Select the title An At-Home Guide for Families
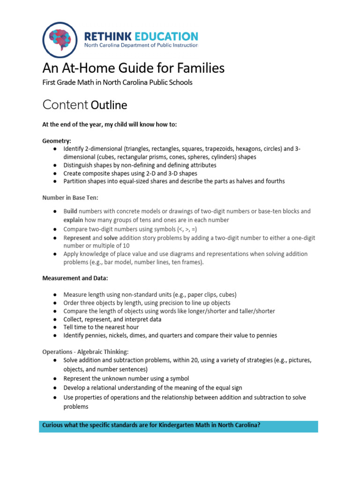point(134,68)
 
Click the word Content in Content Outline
point(65,105)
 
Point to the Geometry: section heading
point(57,141)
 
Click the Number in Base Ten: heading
point(70,198)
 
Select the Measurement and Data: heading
point(75,278)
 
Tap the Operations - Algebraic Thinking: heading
point(85,352)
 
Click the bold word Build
point(71,211)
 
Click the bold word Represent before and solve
point(78,238)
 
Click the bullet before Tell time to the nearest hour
point(55,327)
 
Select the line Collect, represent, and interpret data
point(112,319)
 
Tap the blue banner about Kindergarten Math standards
point(178,426)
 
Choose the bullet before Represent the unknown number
point(55,378)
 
